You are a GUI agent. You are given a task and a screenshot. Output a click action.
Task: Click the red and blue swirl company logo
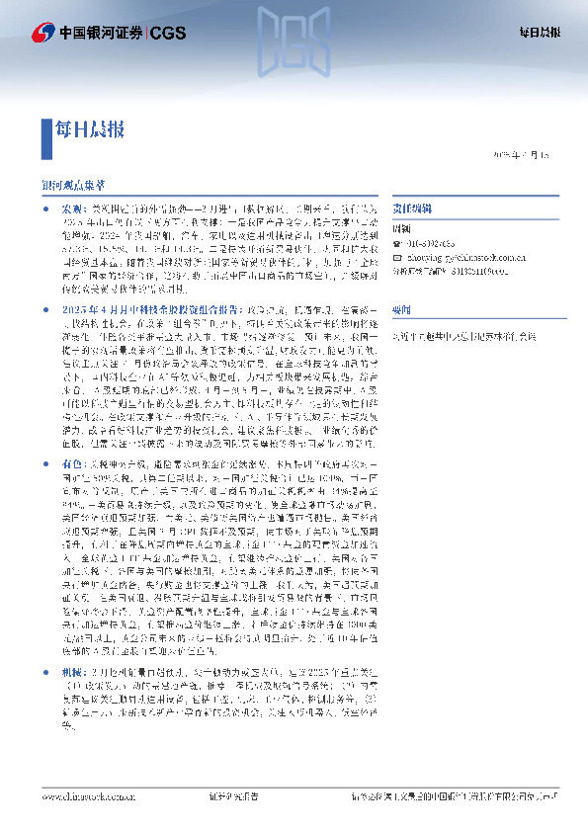click(x=43, y=33)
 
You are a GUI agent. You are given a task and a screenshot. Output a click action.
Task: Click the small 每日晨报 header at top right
click(x=540, y=33)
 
